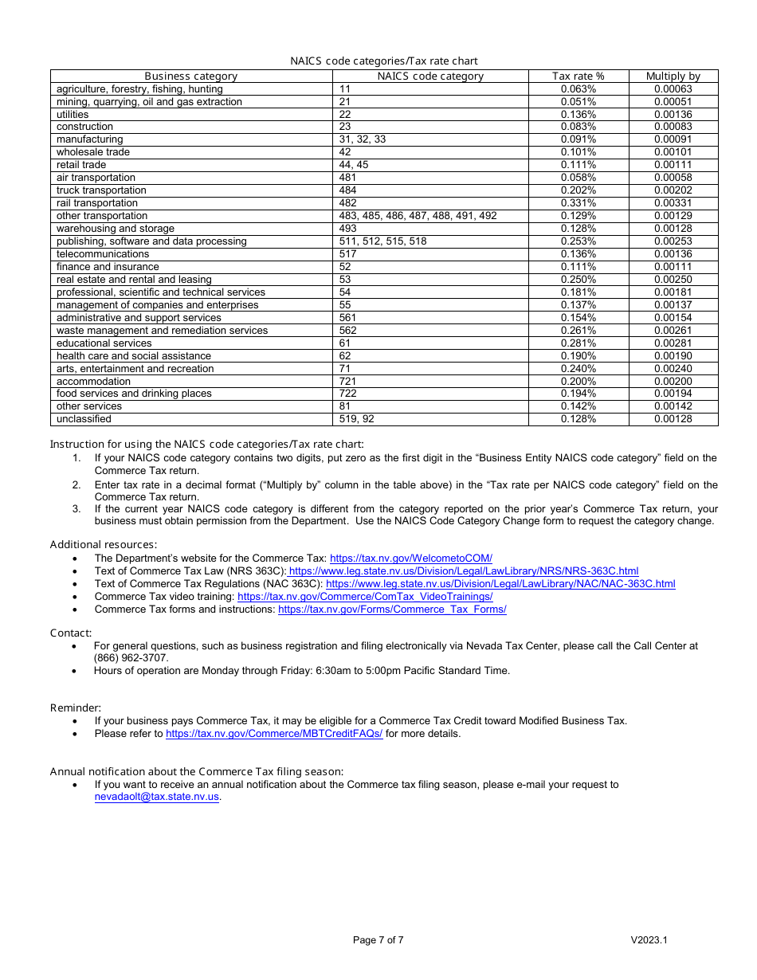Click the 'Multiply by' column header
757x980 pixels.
673,76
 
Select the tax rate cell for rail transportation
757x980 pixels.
578,203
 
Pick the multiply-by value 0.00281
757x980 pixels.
673,343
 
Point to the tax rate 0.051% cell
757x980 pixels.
578,102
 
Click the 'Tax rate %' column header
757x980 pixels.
578,76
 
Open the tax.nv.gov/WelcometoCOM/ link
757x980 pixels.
410,559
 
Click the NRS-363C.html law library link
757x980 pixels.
463,571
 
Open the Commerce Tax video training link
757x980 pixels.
365,597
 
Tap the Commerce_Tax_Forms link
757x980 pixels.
392,610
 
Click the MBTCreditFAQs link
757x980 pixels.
274,734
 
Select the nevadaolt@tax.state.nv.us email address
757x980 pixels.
156,797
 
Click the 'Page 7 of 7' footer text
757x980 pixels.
378,940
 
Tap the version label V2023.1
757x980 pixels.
649,940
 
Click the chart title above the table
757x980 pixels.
383,61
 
